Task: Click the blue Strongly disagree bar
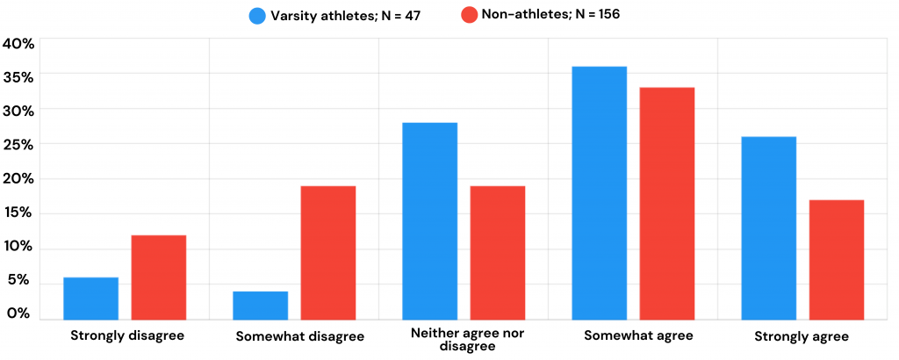[90, 299]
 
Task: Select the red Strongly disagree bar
[159, 277]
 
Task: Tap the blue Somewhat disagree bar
[260, 306]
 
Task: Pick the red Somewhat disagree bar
[328, 253]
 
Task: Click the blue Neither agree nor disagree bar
[429, 221]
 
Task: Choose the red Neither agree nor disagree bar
[498, 253]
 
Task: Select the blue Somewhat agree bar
[599, 193]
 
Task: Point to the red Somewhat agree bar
[667, 204]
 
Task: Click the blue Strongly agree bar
[768, 228]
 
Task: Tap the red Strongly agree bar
[837, 260]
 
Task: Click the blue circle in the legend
[258, 15]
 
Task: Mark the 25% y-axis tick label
[18, 144]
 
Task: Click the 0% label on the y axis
[18, 313]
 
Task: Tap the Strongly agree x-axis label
[802, 336]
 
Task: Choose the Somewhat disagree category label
[299, 336]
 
